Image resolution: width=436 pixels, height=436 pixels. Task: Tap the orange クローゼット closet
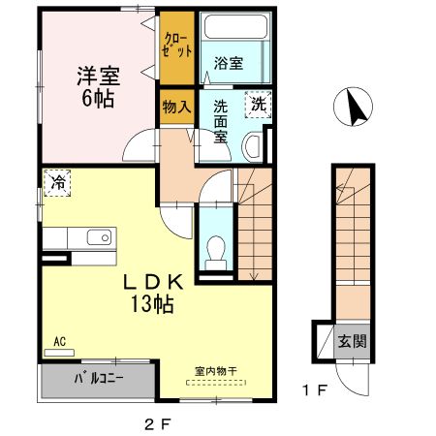[177, 47]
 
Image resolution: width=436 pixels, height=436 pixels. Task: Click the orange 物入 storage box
[175, 108]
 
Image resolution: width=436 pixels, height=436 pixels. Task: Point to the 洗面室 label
[221, 122]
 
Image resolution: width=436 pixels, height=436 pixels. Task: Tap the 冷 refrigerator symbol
[57, 181]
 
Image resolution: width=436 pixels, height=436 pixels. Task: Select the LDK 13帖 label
[152, 294]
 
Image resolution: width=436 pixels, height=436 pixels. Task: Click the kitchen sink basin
[98, 238]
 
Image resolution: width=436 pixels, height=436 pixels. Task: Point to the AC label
[59, 342]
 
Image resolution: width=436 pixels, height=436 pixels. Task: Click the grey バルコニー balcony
[97, 378]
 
